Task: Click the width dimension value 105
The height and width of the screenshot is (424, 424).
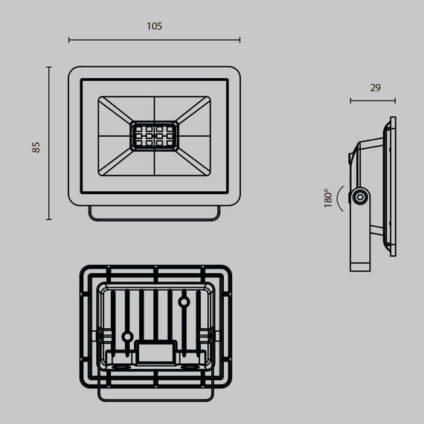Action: (x=154, y=26)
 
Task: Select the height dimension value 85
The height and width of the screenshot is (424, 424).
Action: (x=36, y=146)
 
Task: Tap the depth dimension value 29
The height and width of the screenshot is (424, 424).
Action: (x=375, y=88)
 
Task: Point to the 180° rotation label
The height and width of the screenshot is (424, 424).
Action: (x=327, y=198)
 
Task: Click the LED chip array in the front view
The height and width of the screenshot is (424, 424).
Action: (x=154, y=136)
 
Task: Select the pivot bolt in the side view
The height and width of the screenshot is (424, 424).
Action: (x=361, y=197)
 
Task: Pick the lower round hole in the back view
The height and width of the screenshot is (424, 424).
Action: (x=127, y=336)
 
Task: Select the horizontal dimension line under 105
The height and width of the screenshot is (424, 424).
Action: (x=154, y=40)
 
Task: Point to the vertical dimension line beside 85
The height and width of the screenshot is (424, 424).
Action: (x=49, y=143)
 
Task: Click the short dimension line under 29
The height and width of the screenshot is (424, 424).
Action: (x=373, y=100)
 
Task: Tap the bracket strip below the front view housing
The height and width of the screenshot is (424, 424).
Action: (x=154, y=213)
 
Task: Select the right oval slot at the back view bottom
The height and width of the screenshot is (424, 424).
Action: (x=190, y=366)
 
